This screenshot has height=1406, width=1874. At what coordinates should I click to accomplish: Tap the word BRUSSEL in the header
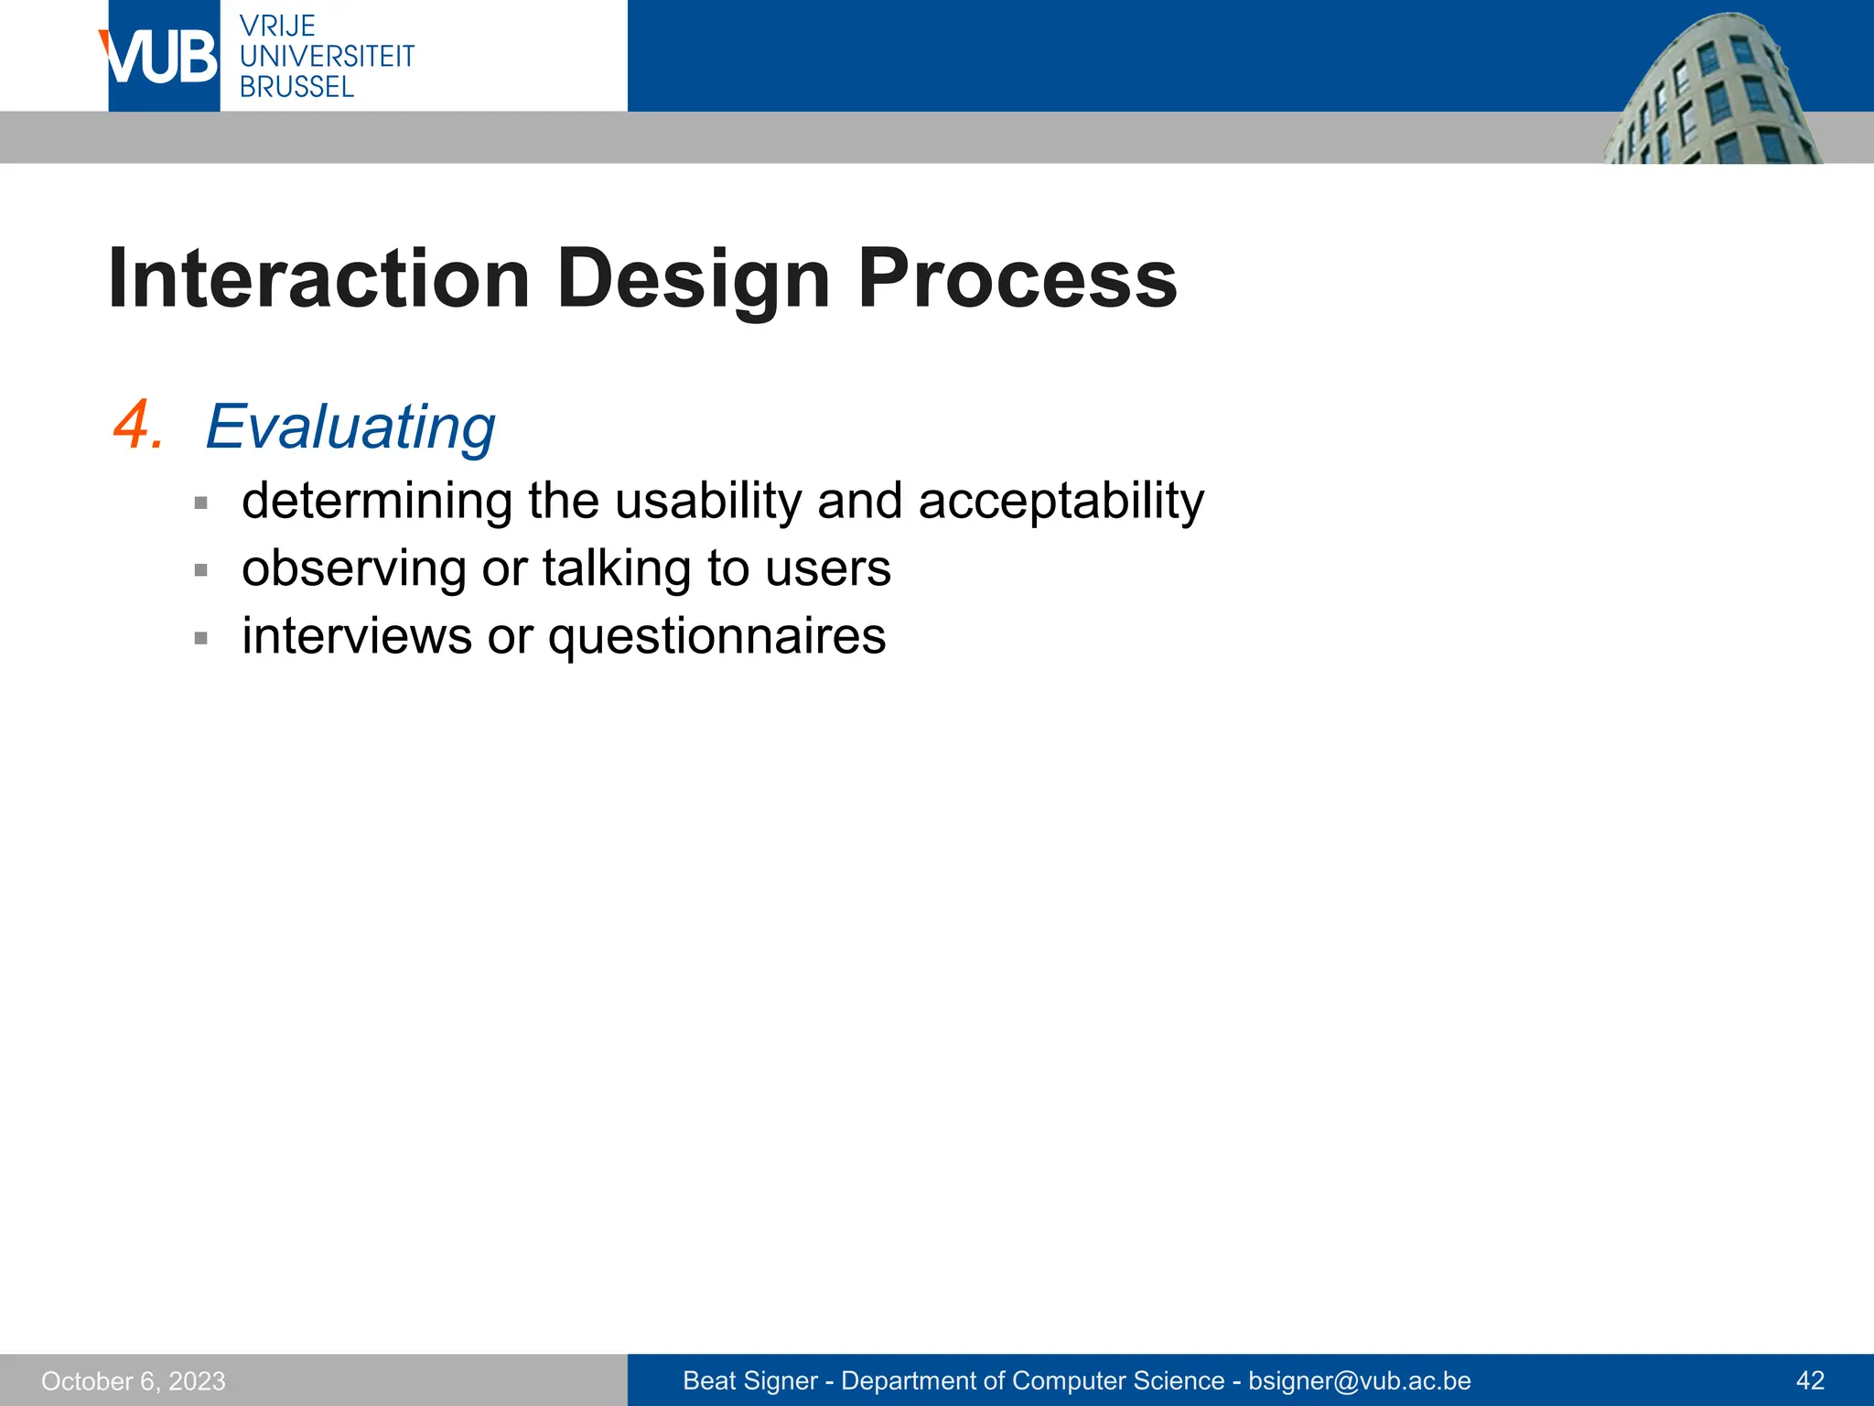(296, 87)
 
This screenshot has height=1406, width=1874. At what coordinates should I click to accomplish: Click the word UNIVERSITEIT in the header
(327, 56)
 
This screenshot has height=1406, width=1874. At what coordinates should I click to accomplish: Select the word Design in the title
(693, 278)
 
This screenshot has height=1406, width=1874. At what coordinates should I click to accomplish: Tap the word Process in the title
(1017, 278)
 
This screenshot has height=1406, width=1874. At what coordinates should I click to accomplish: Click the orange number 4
(137, 427)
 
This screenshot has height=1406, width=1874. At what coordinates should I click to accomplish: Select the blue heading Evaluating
(350, 427)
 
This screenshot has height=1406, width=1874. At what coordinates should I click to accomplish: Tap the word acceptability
(1061, 501)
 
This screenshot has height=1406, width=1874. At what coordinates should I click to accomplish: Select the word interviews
(356, 636)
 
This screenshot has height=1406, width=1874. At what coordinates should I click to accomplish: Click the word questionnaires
(716, 636)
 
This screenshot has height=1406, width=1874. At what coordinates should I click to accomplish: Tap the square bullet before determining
(201, 503)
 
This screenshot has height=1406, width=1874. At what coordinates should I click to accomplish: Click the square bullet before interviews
(201, 638)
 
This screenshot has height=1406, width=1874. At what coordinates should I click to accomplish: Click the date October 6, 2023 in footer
(134, 1380)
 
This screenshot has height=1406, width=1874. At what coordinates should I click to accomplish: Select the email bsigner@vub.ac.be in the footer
(1359, 1380)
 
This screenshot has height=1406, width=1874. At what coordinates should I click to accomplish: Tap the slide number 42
(1810, 1380)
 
